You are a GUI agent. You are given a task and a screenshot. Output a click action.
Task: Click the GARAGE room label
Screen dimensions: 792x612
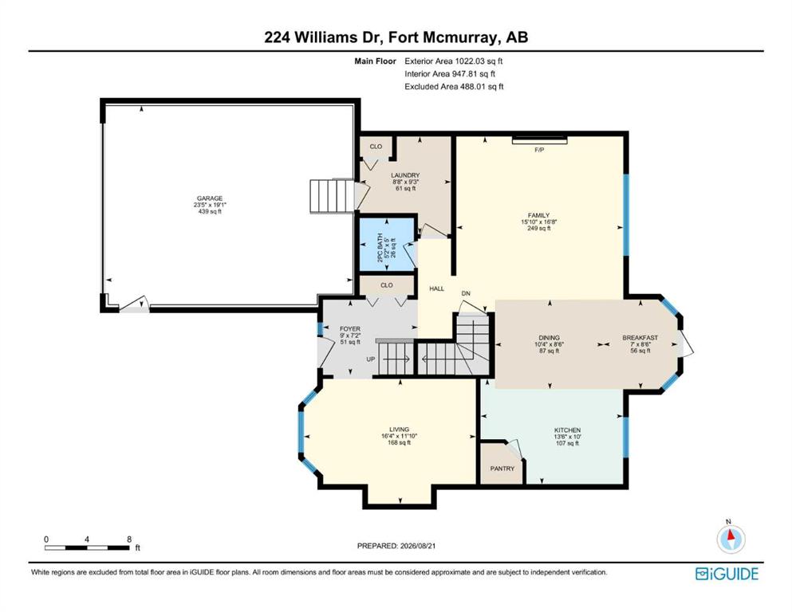[x=210, y=198]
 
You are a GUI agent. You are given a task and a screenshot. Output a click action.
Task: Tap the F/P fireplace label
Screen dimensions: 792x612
[x=539, y=150]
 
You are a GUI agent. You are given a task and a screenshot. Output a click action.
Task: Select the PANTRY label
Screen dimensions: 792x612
[x=502, y=469]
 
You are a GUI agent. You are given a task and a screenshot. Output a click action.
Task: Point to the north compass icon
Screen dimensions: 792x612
[x=731, y=539]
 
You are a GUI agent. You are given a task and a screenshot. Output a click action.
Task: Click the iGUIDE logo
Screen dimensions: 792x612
[x=727, y=574]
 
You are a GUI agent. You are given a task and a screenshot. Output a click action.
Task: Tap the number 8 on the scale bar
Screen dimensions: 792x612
[x=129, y=539]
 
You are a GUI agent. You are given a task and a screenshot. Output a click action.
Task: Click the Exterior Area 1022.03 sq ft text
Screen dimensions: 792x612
[x=454, y=61]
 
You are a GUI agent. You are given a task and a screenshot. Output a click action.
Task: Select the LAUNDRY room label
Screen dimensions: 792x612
[x=405, y=175]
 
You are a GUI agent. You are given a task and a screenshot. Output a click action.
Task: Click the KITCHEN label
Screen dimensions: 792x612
[x=567, y=430]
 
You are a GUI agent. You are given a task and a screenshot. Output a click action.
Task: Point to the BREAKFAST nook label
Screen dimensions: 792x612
[x=640, y=338]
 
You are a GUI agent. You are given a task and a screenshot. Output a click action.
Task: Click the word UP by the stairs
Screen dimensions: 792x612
[x=371, y=359]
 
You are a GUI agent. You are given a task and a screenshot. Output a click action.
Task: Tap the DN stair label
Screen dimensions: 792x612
[x=466, y=293]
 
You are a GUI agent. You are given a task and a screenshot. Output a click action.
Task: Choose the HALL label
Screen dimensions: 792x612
[x=437, y=288]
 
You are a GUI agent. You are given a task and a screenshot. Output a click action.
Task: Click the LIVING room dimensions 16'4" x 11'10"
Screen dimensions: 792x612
[x=399, y=436]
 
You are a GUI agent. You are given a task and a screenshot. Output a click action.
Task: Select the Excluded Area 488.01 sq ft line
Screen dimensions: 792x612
[x=454, y=86]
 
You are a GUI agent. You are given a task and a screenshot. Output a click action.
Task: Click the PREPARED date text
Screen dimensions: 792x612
[x=396, y=545]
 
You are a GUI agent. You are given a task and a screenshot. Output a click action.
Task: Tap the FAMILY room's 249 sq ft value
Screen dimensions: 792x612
[x=539, y=228]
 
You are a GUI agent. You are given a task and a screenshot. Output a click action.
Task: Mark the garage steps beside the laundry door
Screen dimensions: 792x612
[x=332, y=196]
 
